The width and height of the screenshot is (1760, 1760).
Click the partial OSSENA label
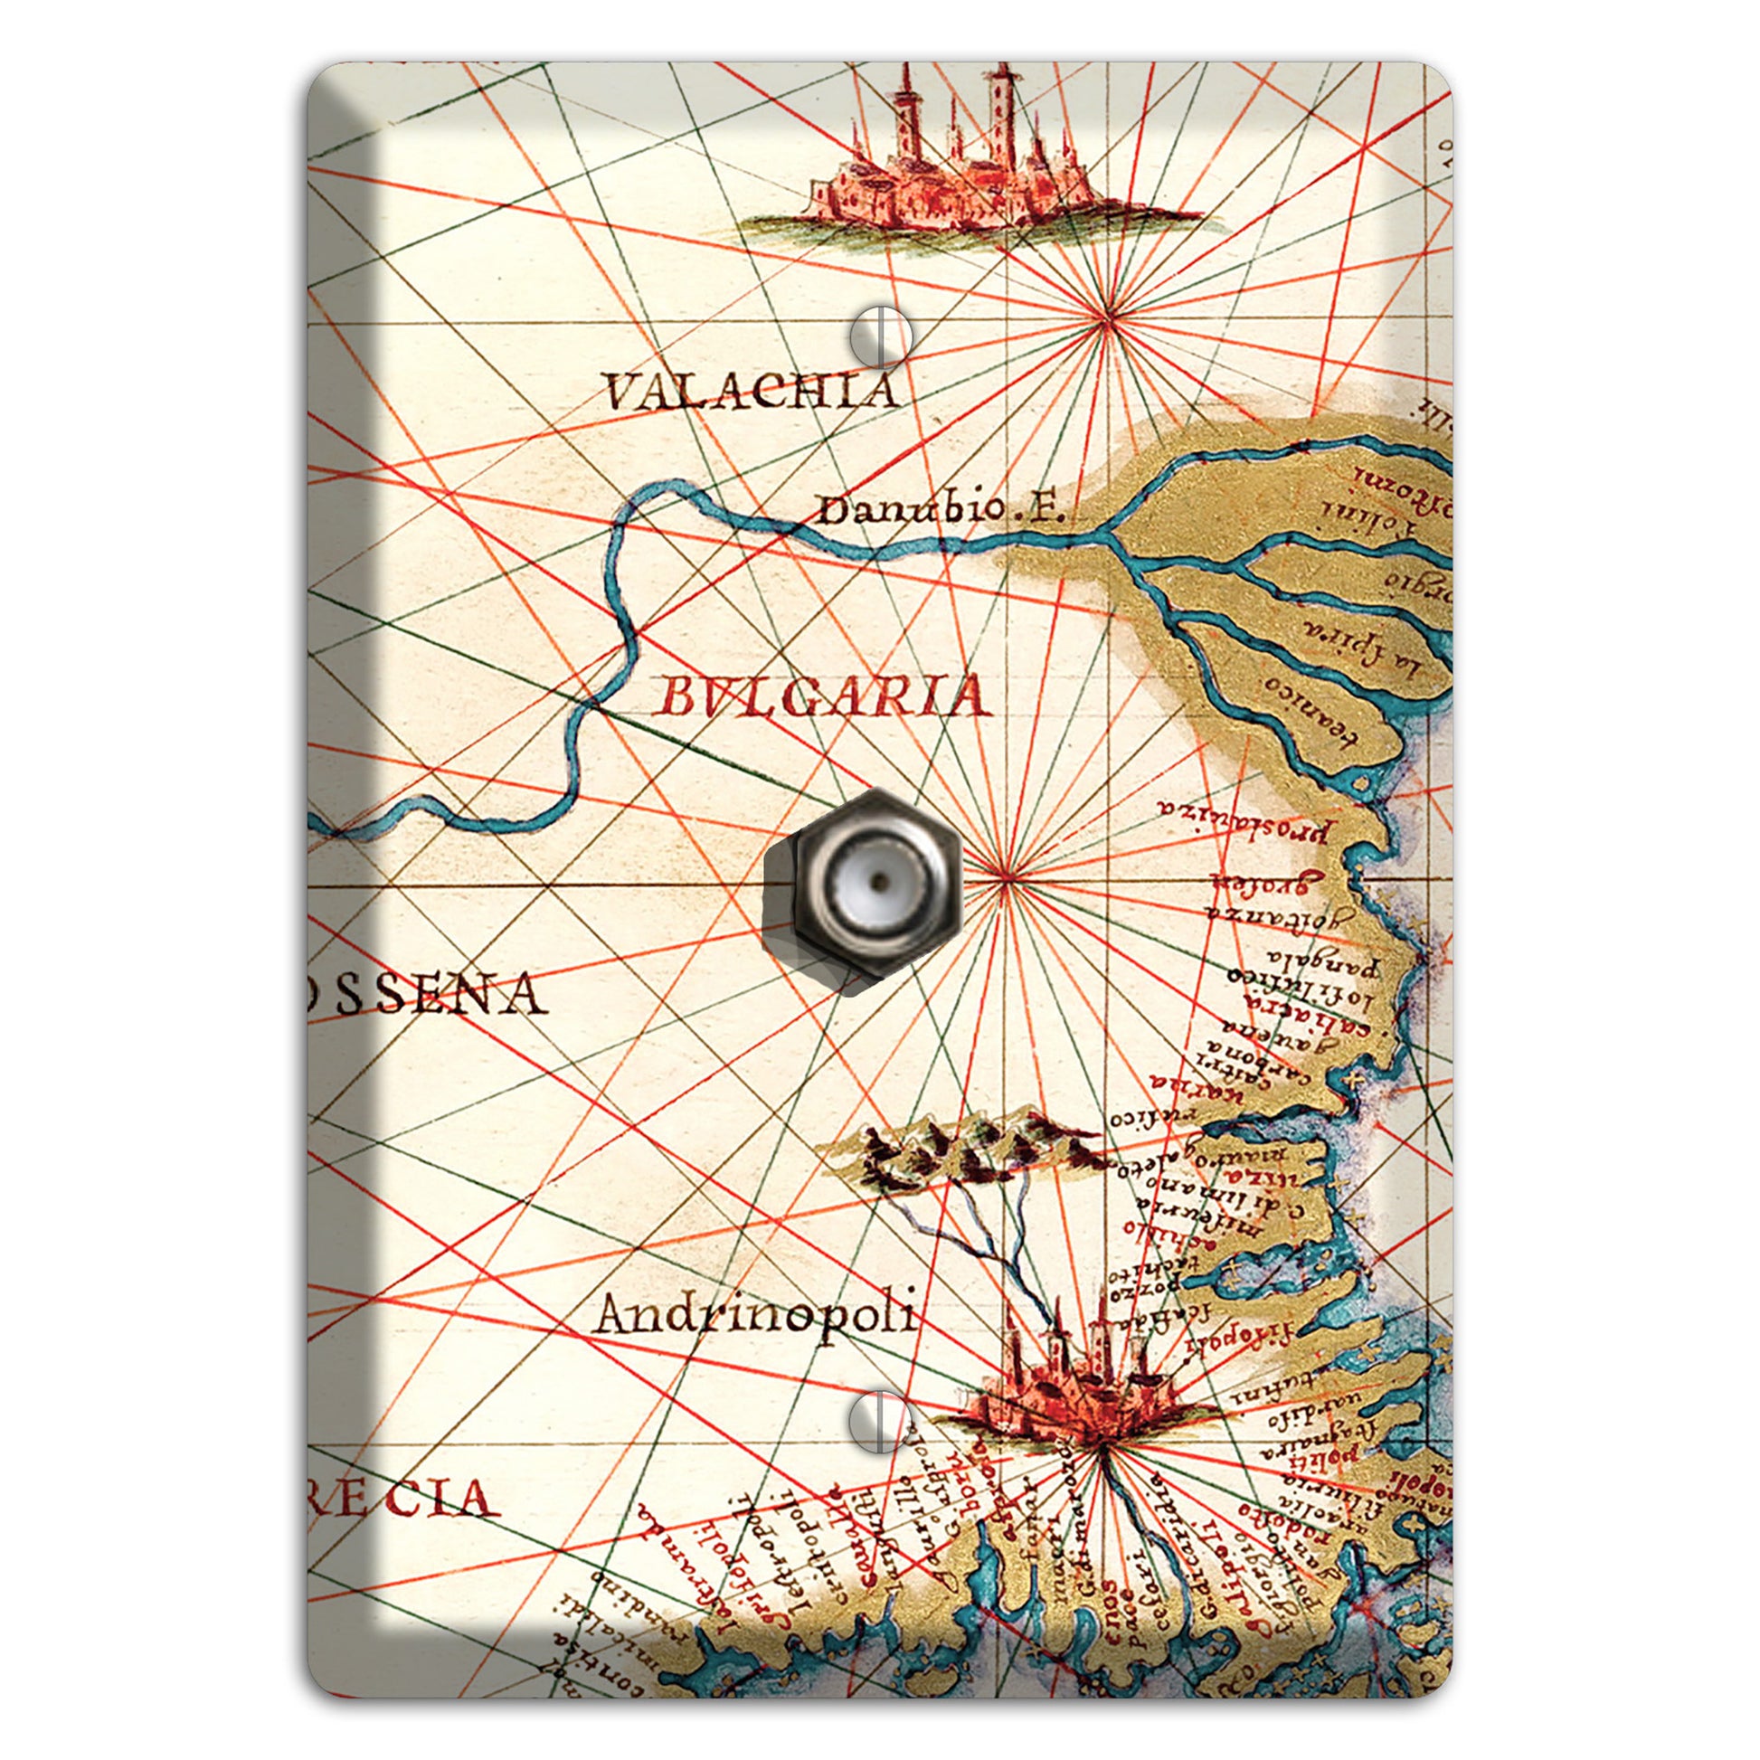pos(428,994)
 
